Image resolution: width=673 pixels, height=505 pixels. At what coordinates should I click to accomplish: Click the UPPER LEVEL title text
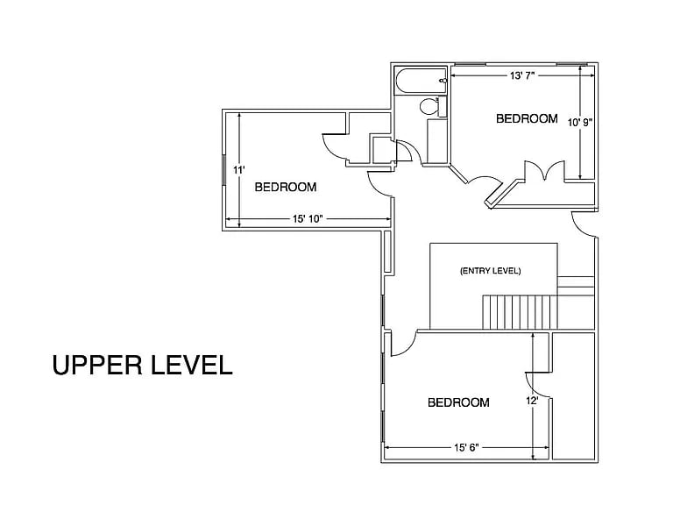tap(142, 366)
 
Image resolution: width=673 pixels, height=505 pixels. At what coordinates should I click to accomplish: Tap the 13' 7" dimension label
tap(522, 75)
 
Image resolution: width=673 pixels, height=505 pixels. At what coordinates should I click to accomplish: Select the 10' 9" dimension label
tap(580, 123)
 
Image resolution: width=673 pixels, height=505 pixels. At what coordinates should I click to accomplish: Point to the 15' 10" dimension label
tap(308, 219)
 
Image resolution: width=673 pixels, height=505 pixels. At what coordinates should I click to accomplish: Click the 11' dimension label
tap(239, 170)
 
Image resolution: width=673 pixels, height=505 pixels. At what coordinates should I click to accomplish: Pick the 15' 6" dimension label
tap(466, 448)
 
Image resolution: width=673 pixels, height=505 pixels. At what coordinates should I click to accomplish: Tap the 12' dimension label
tap(532, 401)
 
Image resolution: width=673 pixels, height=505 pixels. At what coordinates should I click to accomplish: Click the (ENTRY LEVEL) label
tap(490, 271)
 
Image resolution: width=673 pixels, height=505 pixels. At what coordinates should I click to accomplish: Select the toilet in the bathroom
tap(429, 106)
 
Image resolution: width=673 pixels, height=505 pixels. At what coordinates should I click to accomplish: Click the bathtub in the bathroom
tap(421, 81)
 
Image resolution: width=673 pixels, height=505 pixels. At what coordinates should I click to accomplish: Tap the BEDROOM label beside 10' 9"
tap(527, 118)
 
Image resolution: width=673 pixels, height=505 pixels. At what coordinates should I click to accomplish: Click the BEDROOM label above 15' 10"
tap(286, 188)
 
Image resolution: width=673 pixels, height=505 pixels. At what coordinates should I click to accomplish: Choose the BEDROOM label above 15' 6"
tap(458, 402)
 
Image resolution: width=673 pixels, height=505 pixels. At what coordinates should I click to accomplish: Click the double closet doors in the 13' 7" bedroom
tap(545, 170)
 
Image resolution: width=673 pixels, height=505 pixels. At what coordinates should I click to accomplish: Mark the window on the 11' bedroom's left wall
tap(224, 169)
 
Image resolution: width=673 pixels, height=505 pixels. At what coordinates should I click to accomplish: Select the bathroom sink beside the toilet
tap(442, 106)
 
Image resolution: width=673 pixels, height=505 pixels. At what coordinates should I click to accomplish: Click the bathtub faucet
tap(443, 81)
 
